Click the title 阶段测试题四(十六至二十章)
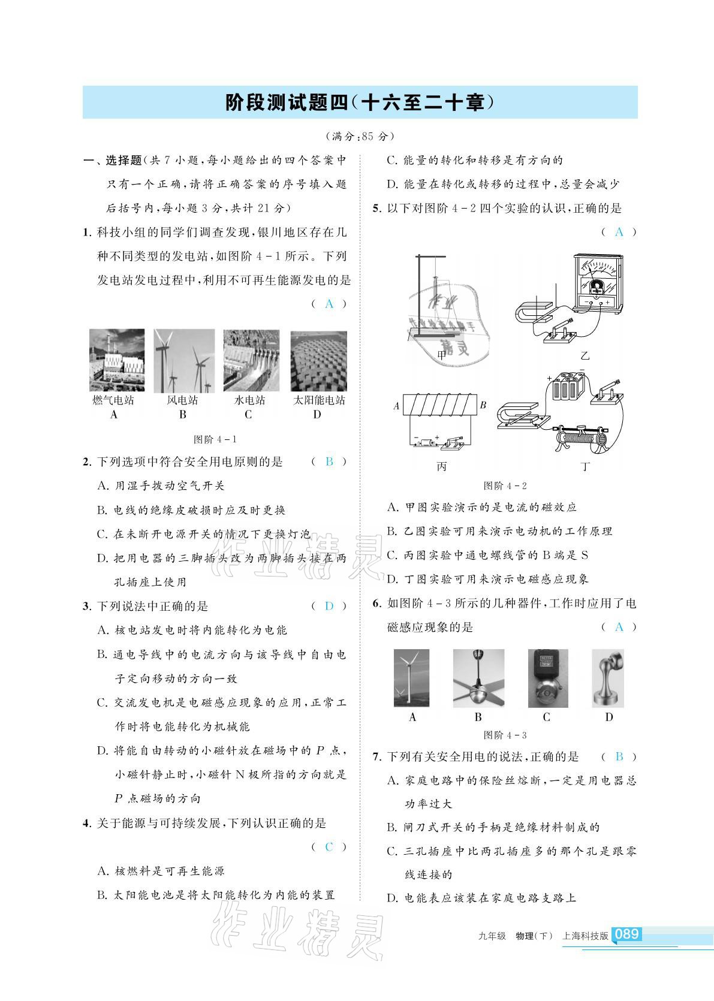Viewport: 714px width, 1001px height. [360, 102]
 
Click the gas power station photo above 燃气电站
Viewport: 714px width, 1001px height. [117, 361]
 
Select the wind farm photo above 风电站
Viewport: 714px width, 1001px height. [183, 361]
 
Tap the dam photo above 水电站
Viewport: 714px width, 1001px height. [251, 361]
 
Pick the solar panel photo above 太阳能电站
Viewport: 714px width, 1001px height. [318, 361]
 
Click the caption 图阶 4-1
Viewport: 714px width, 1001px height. [215, 439]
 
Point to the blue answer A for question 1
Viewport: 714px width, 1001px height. [329, 304]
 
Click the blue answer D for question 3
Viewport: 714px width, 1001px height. [329, 606]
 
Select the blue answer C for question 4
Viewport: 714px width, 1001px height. [329, 847]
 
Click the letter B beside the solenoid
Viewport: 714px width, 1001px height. [483, 405]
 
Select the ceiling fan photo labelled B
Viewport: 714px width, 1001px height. [478, 679]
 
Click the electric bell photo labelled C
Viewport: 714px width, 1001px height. [547, 679]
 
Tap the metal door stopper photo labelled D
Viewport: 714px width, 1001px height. [608, 679]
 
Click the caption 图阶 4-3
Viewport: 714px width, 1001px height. [505, 735]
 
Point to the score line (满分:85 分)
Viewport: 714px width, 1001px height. [359, 136]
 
